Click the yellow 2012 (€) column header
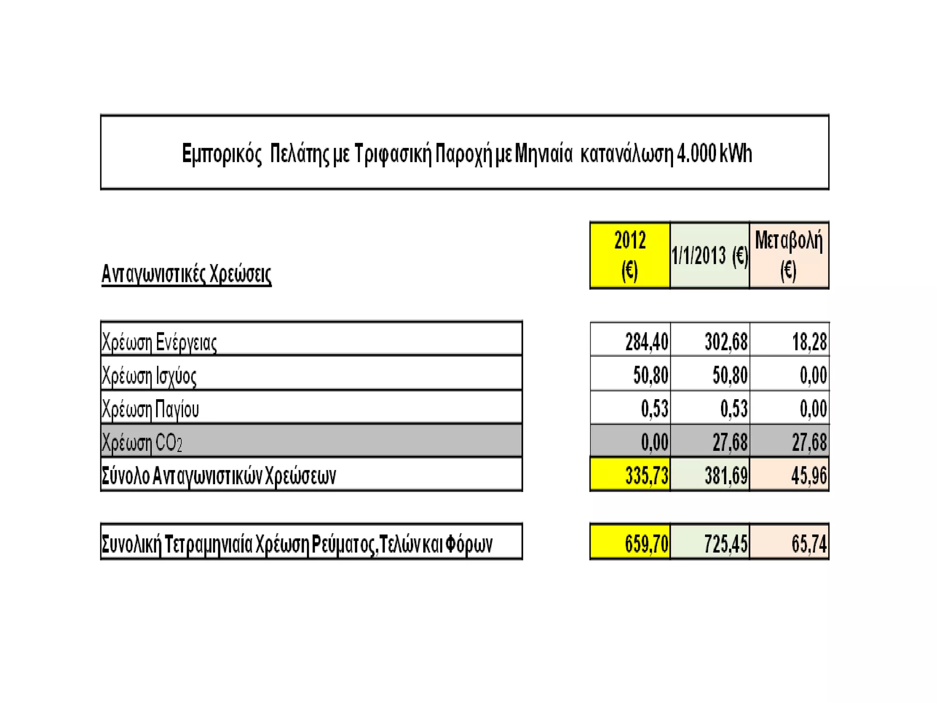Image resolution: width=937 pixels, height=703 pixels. click(x=630, y=255)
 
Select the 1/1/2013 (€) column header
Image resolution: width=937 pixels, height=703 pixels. click(x=710, y=255)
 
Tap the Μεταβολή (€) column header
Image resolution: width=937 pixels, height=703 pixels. click(x=789, y=255)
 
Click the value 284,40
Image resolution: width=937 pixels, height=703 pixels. click(x=646, y=342)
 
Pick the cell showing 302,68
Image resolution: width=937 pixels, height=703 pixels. click(x=726, y=342)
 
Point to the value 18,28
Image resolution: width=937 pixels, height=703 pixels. click(x=809, y=342)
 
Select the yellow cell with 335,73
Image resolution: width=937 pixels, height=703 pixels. click(x=646, y=476)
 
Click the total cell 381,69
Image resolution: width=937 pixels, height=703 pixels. click(x=726, y=476)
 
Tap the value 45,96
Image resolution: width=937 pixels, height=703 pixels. click(x=809, y=476)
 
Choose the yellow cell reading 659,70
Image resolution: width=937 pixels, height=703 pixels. click(x=646, y=544)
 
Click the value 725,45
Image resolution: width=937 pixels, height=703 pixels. click(x=726, y=544)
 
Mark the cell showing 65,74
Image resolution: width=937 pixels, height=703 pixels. click(x=809, y=544)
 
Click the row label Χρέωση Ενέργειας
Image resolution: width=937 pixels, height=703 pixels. click(x=159, y=342)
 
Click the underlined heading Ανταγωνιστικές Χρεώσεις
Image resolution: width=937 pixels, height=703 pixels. click(x=186, y=274)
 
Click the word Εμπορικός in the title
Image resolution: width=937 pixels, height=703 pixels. click(x=221, y=153)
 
